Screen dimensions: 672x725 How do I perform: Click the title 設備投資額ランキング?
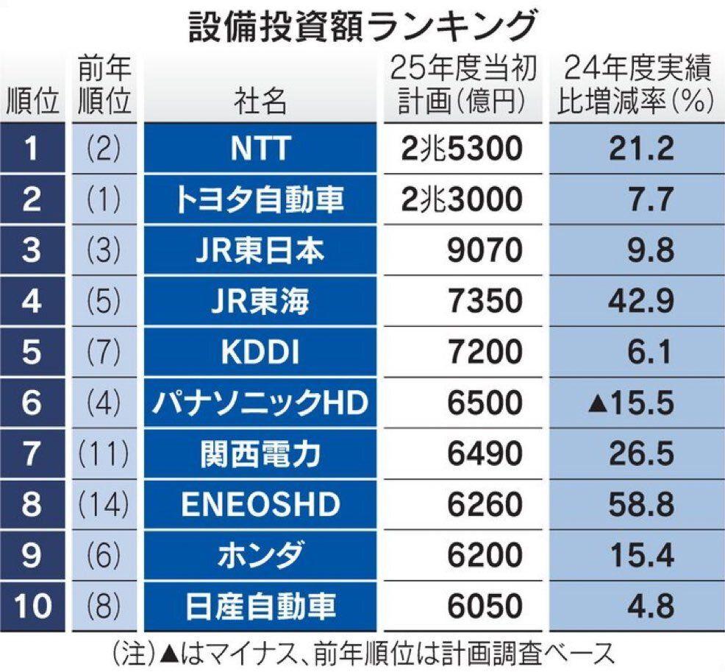click(362, 27)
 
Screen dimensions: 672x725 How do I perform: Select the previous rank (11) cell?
click(103, 454)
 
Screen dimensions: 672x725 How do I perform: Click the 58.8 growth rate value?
click(640, 505)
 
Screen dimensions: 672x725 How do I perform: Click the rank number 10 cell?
click(32, 607)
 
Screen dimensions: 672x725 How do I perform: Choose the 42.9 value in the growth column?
click(640, 301)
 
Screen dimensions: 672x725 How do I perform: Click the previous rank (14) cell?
click(103, 505)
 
